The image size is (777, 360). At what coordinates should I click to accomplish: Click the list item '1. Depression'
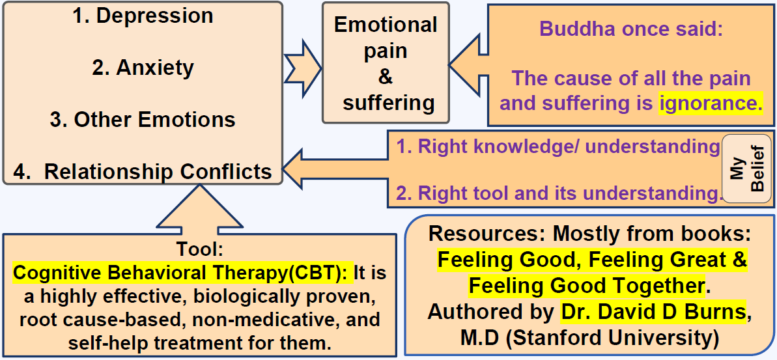[143, 16]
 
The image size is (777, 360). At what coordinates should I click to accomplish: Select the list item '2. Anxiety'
[143, 68]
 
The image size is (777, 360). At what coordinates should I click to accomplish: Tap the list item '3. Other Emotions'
[143, 120]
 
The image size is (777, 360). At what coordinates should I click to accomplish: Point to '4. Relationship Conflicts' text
[143, 171]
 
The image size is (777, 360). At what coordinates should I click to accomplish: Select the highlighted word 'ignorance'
[711, 104]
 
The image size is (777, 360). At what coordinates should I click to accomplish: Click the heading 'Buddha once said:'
[630, 29]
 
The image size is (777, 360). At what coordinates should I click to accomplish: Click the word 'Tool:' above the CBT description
[199, 250]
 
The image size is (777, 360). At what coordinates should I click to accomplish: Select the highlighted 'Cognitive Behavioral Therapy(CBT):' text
[183, 273]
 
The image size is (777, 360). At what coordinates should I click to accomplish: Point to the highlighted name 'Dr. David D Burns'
[653, 312]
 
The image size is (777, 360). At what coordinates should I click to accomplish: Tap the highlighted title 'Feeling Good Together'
[587, 286]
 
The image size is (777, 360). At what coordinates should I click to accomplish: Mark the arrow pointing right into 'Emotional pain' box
[304, 64]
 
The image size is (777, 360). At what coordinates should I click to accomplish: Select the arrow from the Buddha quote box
[468, 64]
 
